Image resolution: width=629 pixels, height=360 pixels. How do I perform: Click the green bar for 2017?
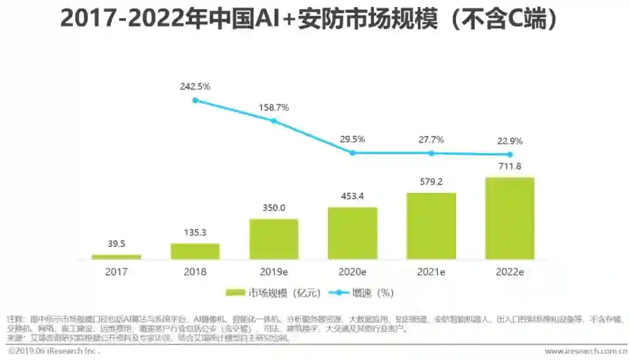pyautogui.click(x=116, y=256)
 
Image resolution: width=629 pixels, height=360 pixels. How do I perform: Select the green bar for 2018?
pyautogui.click(x=195, y=251)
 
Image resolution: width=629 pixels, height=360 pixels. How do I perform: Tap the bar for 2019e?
pyautogui.click(x=274, y=239)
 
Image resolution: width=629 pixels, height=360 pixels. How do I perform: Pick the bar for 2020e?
pyautogui.click(x=352, y=233)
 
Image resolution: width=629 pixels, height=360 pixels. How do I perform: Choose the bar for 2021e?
pyautogui.click(x=431, y=225)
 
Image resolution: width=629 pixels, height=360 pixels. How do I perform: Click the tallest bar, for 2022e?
pyautogui.click(x=510, y=218)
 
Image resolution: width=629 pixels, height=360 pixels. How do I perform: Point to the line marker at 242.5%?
pyautogui.click(x=195, y=100)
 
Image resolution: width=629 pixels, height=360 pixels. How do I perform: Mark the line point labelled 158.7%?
pyautogui.click(x=274, y=121)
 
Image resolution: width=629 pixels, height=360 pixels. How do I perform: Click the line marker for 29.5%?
pyautogui.click(x=352, y=153)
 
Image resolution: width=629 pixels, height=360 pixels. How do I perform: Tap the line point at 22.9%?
pyautogui.click(x=510, y=154)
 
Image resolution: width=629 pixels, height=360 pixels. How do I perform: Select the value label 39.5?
pyautogui.click(x=116, y=244)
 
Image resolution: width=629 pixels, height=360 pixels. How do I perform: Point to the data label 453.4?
pyautogui.click(x=352, y=196)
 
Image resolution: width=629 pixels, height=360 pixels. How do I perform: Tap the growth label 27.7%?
pyautogui.click(x=431, y=140)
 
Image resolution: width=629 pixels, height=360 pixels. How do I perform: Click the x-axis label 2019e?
pyautogui.click(x=274, y=271)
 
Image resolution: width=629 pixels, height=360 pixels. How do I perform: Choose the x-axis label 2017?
pyautogui.click(x=116, y=271)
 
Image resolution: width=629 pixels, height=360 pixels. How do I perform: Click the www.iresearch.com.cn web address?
pyautogui.click(x=585, y=351)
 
